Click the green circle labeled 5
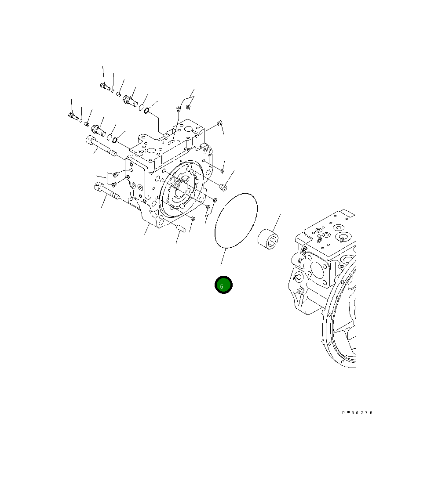[223, 285]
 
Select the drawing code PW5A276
[357, 413]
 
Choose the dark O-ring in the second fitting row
[115, 141]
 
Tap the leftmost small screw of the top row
[104, 86]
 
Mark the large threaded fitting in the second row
[97, 130]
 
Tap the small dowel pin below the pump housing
[182, 228]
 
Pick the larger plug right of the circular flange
[223, 188]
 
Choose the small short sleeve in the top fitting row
[118, 94]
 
